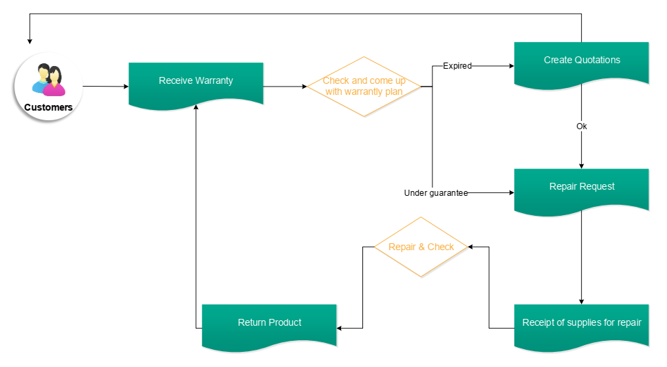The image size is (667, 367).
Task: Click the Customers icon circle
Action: [x=47, y=87]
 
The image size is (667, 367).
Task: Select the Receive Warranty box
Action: [x=196, y=83]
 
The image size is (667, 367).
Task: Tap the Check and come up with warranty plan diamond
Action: [x=364, y=87]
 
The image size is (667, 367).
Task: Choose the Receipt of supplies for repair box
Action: [x=582, y=325]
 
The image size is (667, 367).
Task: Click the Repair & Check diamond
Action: [x=421, y=247]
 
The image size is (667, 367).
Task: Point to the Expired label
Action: [x=457, y=66]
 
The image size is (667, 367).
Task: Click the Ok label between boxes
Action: [x=582, y=126]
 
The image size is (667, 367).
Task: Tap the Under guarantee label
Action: [x=436, y=193]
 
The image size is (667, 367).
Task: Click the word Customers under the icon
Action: [x=48, y=107]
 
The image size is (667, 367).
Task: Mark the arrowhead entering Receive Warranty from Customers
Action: [x=126, y=87]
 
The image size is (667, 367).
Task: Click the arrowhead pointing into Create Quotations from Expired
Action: [x=511, y=66]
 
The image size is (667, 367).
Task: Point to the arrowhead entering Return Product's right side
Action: [x=340, y=328]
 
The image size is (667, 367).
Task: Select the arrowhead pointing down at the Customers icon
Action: [x=30, y=41]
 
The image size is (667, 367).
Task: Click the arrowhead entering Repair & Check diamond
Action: [x=471, y=247]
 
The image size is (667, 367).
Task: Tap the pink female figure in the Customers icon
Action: [x=54, y=82]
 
